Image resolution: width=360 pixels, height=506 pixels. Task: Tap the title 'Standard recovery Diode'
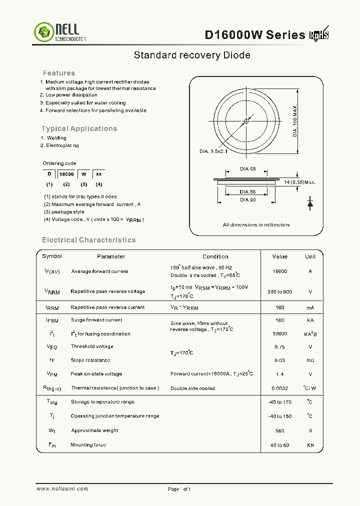[192, 55]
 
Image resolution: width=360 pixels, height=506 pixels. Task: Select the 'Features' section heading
[59, 73]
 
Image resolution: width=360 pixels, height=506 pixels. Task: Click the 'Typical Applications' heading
[79, 128]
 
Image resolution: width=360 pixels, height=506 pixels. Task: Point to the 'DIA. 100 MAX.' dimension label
[295, 121]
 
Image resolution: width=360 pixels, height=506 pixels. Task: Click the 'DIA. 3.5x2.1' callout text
[213, 151]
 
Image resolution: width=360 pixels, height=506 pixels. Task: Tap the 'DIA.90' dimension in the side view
[247, 200]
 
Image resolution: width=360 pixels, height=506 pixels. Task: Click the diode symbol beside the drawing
[310, 203]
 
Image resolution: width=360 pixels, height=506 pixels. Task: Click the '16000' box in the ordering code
[66, 174]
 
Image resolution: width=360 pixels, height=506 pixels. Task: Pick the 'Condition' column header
[215, 256]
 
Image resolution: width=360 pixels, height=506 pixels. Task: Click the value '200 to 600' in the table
[279, 291]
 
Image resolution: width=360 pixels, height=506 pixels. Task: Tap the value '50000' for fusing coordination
[279, 333]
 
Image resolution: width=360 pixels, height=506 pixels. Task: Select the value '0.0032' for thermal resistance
[279, 388]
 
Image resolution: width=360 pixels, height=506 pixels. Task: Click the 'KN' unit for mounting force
[310, 445]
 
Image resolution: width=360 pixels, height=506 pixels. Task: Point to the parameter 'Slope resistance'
[90, 360]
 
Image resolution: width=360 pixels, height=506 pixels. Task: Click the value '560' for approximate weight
[279, 430]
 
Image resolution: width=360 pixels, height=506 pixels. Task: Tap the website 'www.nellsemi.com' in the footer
[62, 488]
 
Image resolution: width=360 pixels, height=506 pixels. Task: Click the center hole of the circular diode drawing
[245, 121]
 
